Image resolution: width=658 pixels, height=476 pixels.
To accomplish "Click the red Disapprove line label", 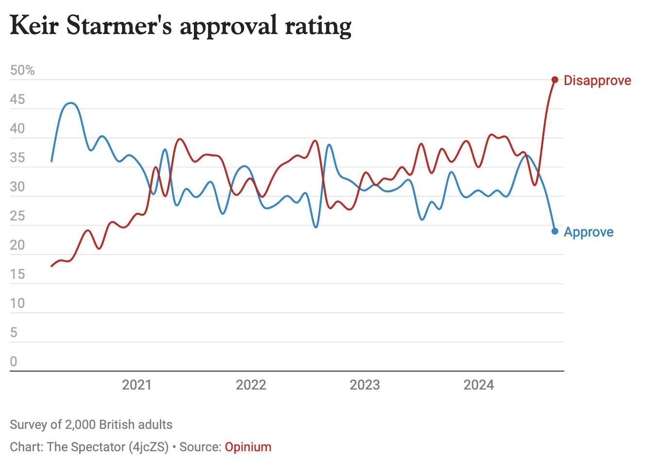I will pos(597,80).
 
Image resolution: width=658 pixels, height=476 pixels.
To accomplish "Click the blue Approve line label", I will pos(589,232).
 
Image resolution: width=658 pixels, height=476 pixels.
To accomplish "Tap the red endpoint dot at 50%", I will pos(555,80).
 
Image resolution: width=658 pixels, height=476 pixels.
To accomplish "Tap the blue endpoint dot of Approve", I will pos(555,231).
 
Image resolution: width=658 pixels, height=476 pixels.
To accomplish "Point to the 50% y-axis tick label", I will pos(22,70).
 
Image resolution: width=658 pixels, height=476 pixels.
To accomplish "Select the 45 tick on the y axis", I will pos(17,100).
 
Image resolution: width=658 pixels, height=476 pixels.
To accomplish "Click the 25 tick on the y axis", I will pos(17,216).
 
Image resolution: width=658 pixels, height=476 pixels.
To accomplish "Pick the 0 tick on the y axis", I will pos(14,362).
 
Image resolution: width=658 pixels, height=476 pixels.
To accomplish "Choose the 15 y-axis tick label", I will pos(17,274).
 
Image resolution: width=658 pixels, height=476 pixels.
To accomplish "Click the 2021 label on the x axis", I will pos(137,385).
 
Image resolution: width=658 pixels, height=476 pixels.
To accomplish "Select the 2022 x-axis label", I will pos(251,385).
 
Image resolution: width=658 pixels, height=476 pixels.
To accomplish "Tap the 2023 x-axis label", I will pos(364,385).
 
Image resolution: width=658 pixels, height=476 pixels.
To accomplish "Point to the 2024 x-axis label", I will pos(479,385).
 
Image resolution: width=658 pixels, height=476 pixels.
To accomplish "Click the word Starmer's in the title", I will pos(119,25).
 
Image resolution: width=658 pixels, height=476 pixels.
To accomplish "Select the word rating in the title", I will pos(318,26).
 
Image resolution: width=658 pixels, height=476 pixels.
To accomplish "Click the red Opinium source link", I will pos(248,447).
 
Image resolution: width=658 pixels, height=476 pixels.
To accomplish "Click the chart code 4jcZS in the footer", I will pos(149,447).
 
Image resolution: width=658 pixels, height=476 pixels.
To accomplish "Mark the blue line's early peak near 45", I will pos(71,103).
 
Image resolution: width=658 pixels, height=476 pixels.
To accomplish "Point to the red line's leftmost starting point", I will pos(52,266).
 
